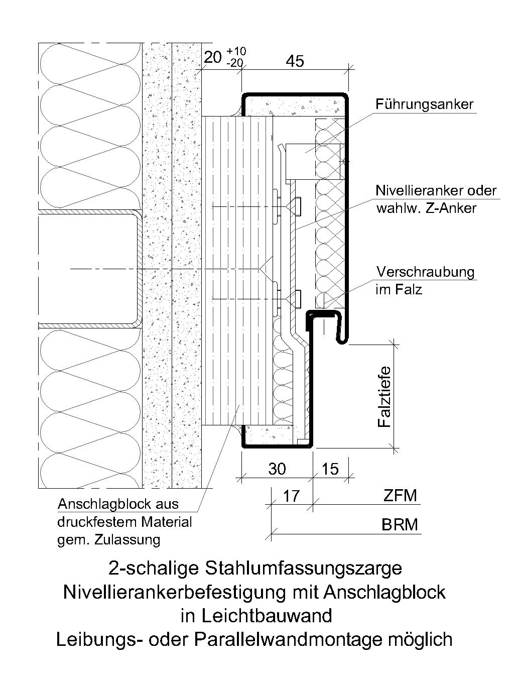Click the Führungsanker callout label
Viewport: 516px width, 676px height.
(x=424, y=104)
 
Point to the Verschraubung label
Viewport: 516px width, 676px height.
(x=425, y=272)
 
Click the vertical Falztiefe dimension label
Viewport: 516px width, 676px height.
(x=383, y=397)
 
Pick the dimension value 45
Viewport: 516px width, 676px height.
(x=295, y=61)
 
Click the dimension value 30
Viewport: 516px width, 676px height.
(x=277, y=469)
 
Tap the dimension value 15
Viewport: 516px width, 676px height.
(x=330, y=469)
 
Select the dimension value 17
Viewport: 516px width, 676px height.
(x=291, y=496)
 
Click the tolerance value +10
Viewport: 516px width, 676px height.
(x=236, y=51)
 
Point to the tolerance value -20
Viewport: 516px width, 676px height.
(x=234, y=63)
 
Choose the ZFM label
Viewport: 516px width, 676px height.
(x=401, y=496)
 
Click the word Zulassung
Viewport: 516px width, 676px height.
(x=127, y=539)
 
